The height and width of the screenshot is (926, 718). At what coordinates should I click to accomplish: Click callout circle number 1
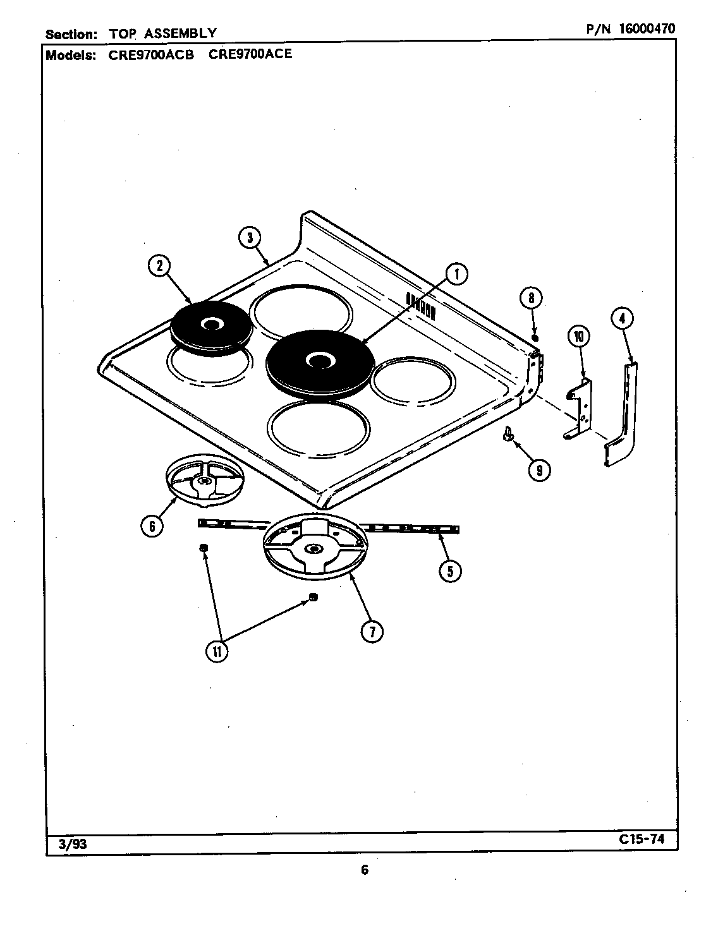coord(456,274)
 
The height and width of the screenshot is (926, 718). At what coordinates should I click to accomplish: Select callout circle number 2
coord(159,266)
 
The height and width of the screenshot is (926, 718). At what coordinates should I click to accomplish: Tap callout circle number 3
coord(250,238)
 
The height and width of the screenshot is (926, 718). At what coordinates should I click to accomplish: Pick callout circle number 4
coord(622,319)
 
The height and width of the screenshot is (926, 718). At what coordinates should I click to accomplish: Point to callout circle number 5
coord(450,571)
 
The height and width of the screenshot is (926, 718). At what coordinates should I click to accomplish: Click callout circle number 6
coord(152,526)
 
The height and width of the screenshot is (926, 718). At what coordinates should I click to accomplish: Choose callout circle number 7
coord(372,630)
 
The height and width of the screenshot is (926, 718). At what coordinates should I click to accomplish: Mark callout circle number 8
coord(532,298)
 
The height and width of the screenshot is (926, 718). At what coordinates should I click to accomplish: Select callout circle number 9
coord(538,470)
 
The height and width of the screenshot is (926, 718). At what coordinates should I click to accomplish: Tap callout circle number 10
coord(578,336)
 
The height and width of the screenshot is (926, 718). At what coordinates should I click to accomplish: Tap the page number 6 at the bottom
coord(365,870)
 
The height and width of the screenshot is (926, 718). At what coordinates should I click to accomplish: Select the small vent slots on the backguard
coord(420,304)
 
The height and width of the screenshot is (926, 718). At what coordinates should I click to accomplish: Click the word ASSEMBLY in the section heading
coord(188,33)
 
